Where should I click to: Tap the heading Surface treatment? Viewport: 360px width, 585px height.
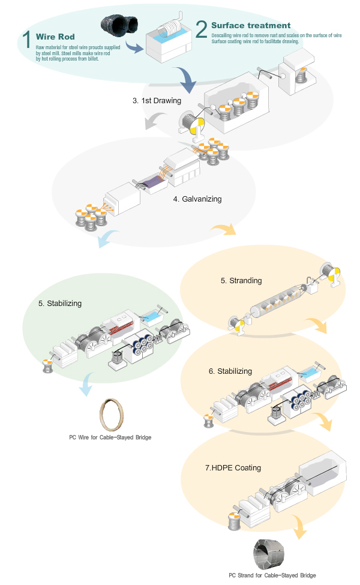click(251, 26)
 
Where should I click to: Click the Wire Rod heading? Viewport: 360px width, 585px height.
click(51, 37)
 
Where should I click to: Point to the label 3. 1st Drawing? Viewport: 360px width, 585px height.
click(157, 101)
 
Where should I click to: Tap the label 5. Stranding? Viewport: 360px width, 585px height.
click(241, 280)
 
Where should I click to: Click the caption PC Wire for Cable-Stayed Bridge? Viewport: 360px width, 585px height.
click(110, 437)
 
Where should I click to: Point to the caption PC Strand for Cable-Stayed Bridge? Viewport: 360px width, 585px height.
click(272, 575)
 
